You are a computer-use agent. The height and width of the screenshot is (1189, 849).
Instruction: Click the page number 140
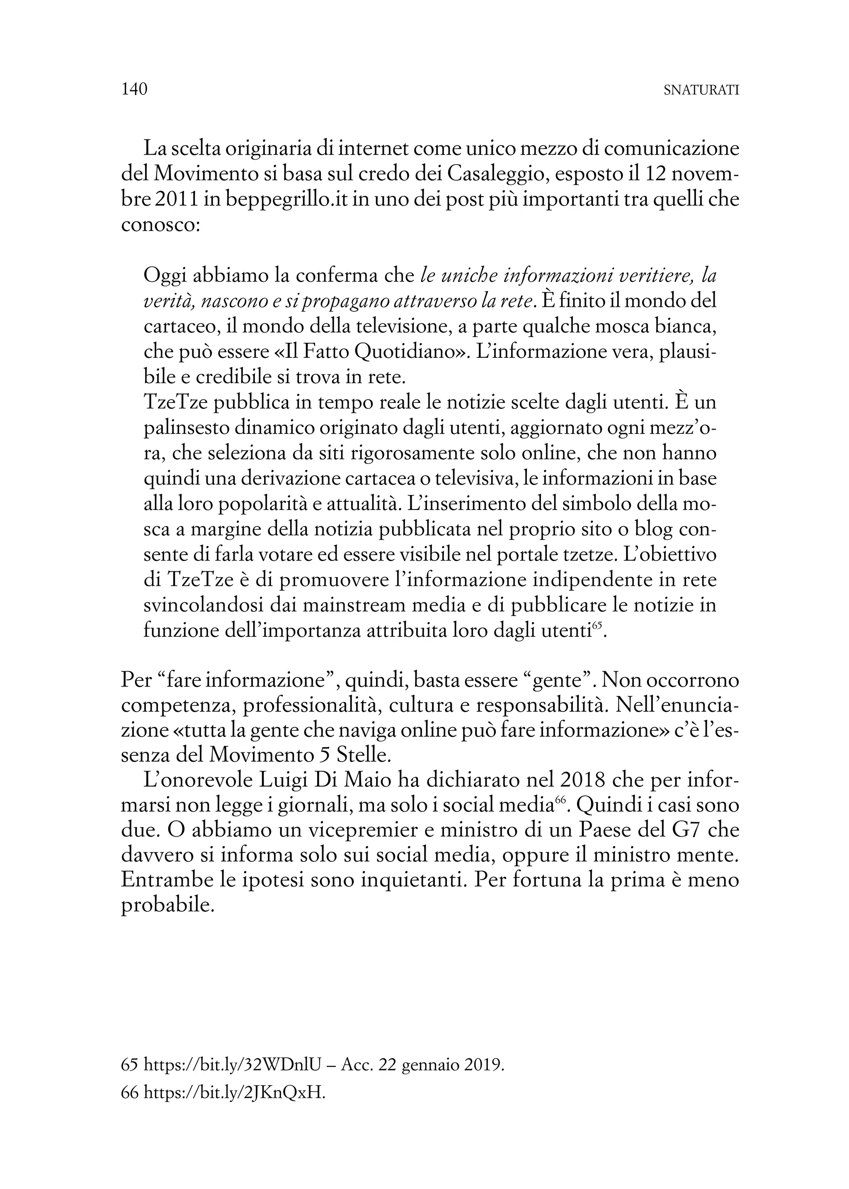pos(134,90)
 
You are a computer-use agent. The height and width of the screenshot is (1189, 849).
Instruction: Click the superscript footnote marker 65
pos(598,626)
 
